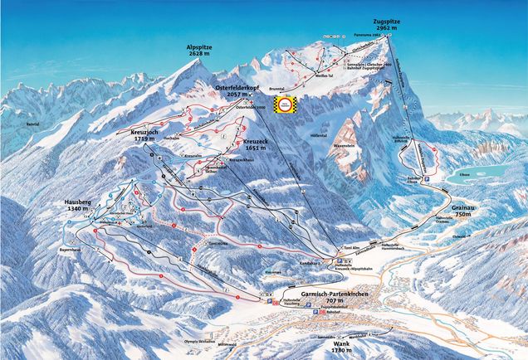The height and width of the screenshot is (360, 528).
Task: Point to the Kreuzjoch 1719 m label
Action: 152,116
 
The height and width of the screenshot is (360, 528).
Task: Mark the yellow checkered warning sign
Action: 286,105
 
